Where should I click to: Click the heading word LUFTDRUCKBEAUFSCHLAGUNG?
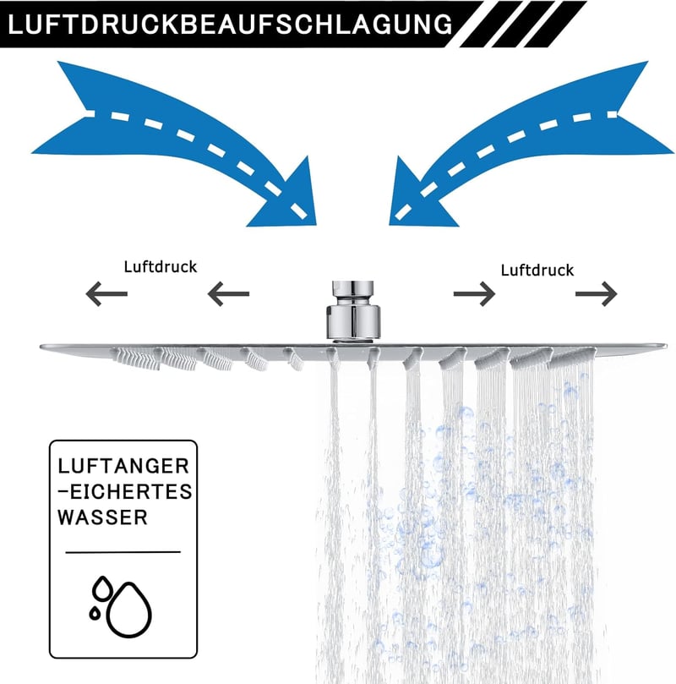230,24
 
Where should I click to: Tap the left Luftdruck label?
161,267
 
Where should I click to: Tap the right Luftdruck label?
537,271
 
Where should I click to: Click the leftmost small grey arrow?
106,293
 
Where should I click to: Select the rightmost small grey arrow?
597,294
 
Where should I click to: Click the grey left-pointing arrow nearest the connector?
228,293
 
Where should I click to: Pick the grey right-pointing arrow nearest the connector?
474,294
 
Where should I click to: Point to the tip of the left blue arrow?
315,225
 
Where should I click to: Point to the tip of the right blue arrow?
390,225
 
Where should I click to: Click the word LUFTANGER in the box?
123,466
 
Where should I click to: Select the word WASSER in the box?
103,517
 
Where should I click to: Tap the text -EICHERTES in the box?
125,491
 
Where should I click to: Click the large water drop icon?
129,610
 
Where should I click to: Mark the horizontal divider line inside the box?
123,552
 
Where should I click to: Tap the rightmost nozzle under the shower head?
573,358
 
